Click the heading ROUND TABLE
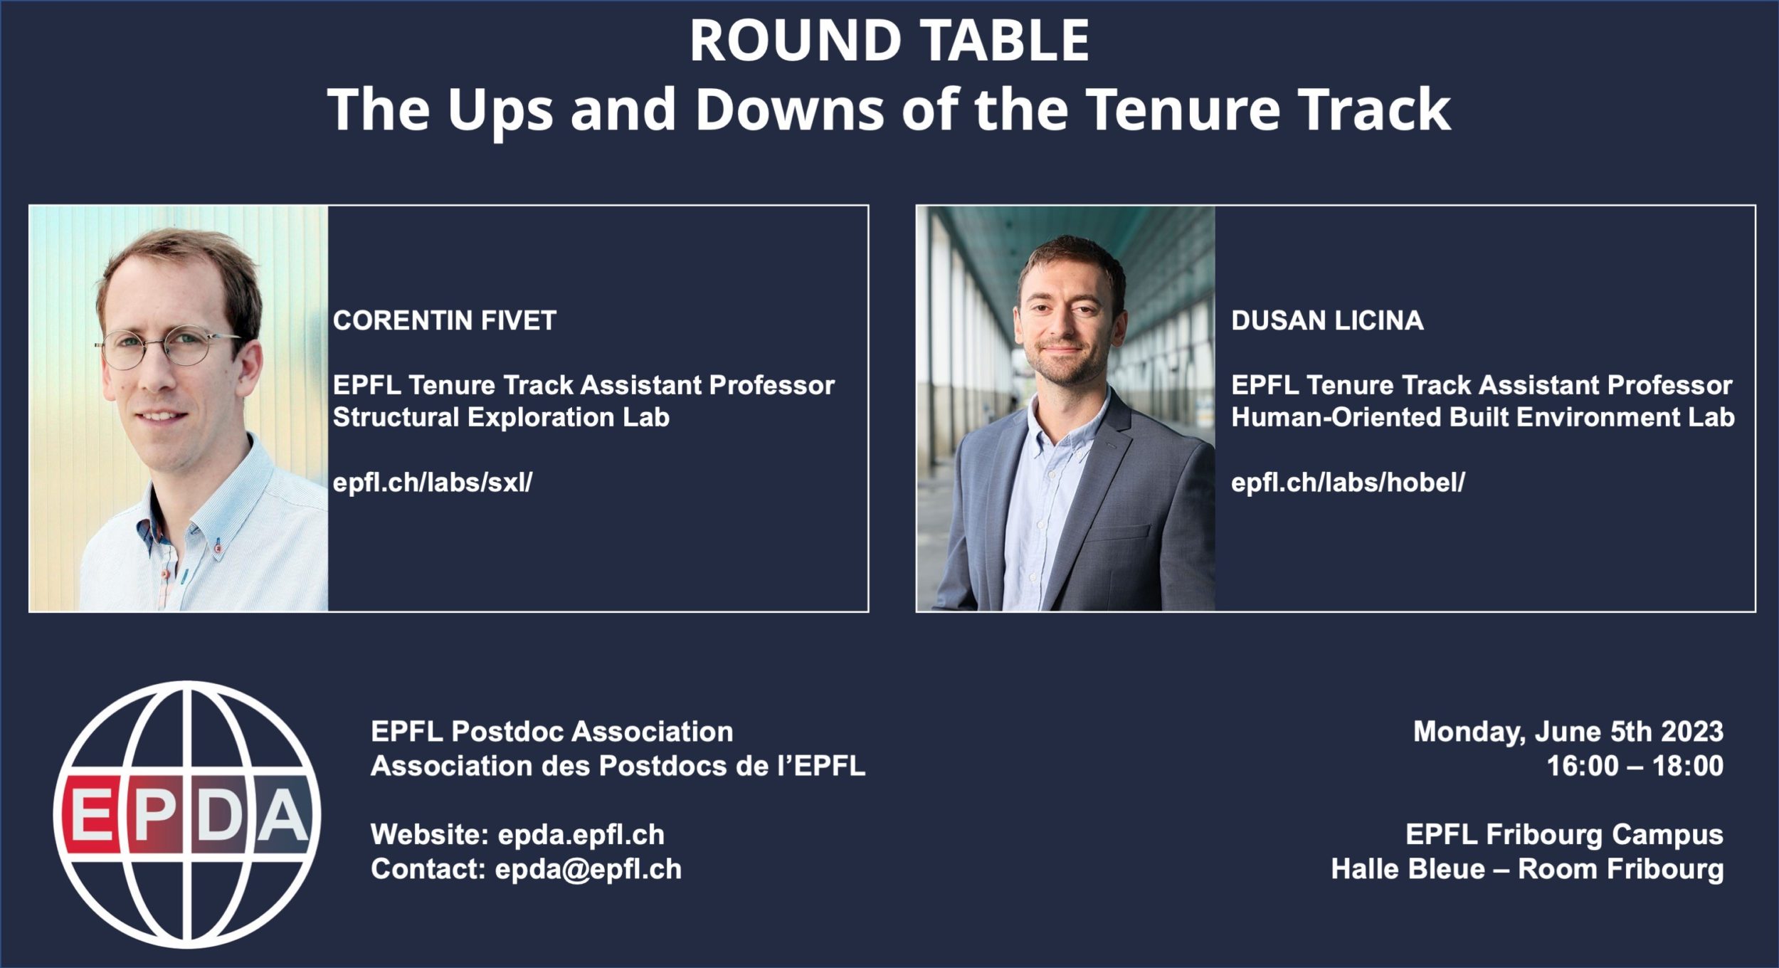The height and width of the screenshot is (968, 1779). pos(889,41)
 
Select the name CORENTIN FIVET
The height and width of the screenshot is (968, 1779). pos(445,320)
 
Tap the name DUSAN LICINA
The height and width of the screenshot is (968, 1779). pos(1327,320)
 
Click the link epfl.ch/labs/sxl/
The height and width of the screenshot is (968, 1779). pos(433,483)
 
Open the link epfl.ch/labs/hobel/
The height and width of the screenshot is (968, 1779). pos(1348,483)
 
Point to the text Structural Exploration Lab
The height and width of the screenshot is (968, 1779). pos(501,417)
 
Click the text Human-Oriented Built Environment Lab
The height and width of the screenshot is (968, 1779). pos(1483,417)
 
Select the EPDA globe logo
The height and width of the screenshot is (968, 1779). pos(187,814)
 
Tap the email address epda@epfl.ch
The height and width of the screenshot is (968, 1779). pos(588,869)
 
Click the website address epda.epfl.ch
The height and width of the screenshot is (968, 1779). pos(581,835)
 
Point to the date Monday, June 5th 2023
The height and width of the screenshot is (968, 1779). pos(1568,732)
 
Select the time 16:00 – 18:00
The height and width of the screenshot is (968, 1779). pos(1635,766)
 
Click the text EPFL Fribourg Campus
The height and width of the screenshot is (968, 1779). pos(1564,835)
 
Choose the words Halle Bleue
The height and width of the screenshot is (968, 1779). pos(1408,869)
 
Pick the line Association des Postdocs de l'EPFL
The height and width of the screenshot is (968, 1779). pos(618,766)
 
